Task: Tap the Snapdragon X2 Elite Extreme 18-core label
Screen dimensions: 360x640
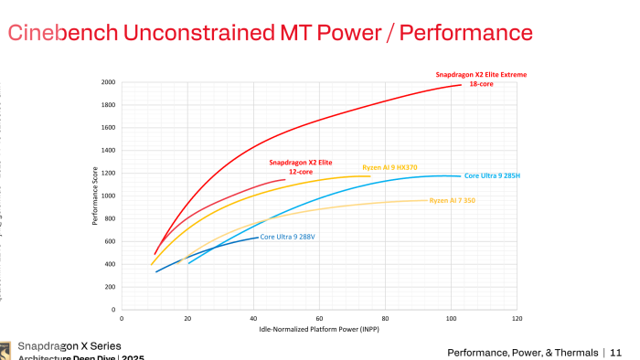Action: click(480, 79)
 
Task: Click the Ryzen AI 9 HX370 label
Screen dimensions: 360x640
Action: click(390, 166)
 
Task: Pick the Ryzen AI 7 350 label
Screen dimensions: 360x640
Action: click(452, 200)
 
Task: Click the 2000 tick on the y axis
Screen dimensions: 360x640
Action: click(108, 82)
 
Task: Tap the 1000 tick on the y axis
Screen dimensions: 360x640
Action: click(108, 196)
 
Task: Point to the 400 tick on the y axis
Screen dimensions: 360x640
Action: click(110, 264)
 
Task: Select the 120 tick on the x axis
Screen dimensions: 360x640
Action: click(517, 319)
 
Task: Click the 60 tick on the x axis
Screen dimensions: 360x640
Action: click(319, 319)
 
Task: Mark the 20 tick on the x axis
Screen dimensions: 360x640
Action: click(187, 319)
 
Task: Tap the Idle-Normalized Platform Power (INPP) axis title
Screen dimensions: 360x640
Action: click(319, 329)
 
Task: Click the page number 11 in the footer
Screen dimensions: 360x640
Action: click(614, 353)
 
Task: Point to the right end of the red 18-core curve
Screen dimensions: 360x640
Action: click(462, 85)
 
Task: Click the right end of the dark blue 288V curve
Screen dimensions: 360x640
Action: click(258, 238)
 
